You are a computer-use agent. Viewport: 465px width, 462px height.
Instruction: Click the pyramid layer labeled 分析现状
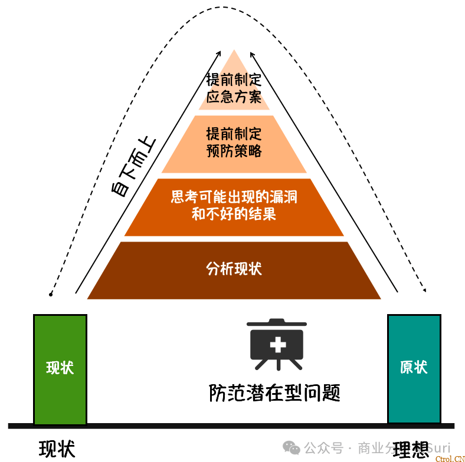click(x=234, y=270)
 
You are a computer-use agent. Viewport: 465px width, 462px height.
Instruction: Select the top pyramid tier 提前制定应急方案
click(x=234, y=88)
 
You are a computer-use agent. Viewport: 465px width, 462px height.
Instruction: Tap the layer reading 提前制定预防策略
click(x=234, y=143)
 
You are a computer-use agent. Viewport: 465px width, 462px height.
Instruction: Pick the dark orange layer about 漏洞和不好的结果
click(x=234, y=206)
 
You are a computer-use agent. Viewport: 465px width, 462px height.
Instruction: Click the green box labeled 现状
click(x=60, y=368)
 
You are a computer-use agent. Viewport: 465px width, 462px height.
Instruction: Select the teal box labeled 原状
click(x=414, y=368)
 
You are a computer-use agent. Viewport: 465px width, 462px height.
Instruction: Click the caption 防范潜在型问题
click(x=274, y=393)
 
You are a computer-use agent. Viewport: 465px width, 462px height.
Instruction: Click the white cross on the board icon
click(x=277, y=344)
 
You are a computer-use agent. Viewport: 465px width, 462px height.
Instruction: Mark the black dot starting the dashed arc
click(x=51, y=293)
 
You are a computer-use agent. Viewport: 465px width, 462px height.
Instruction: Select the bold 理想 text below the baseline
click(x=411, y=450)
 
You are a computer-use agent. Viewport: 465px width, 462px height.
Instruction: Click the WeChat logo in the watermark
click(x=291, y=448)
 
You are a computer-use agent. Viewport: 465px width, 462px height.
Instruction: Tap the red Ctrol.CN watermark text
click(x=450, y=458)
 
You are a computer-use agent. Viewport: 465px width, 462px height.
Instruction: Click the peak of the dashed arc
click(x=223, y=8)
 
